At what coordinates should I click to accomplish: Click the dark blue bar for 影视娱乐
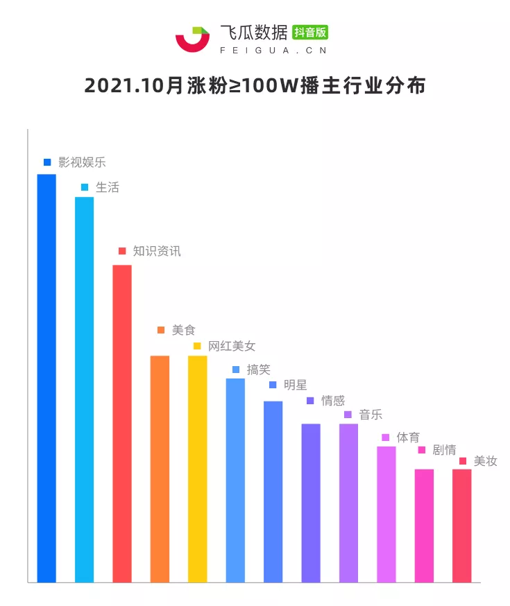pos(46,378)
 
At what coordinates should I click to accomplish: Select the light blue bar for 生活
pos(84,389)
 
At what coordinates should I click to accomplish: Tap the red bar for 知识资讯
pos(122,423)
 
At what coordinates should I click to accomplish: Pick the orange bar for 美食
pos(160,469)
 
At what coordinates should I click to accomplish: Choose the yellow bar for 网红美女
pos(198,469)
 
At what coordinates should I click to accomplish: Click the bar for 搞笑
pos(235,480)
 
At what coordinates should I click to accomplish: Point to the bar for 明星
pos(273,491)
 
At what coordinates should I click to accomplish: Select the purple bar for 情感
pos(311,503)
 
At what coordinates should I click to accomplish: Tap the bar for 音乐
pos(348,503)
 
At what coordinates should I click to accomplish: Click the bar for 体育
pos(386,514)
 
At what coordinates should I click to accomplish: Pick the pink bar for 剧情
pos(424,526)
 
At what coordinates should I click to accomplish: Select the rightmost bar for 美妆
pos(461,526)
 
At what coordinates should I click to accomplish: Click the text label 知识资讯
pos(157,251)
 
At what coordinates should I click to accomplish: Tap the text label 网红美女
pos(232,346)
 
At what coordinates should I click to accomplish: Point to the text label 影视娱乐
pos(82,162)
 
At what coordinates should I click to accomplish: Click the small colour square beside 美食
pos(160,331)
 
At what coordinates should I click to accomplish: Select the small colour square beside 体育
pos(386,438)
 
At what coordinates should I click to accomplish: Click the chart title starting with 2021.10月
pos(255,86)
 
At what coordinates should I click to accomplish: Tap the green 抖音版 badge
pos(310,32)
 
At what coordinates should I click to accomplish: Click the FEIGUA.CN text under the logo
pos(273,50)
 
